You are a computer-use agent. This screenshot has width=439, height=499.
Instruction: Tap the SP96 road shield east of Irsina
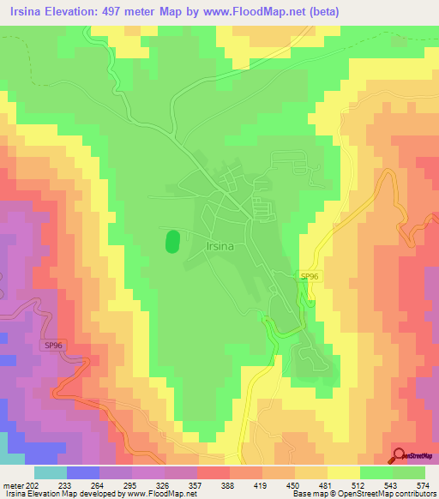coord(310,276)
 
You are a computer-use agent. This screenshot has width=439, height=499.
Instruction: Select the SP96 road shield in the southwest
coord(53,345)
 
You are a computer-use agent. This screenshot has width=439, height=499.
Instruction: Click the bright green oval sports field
coord(172,240)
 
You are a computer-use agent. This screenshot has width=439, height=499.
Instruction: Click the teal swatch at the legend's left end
coord(50,472)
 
